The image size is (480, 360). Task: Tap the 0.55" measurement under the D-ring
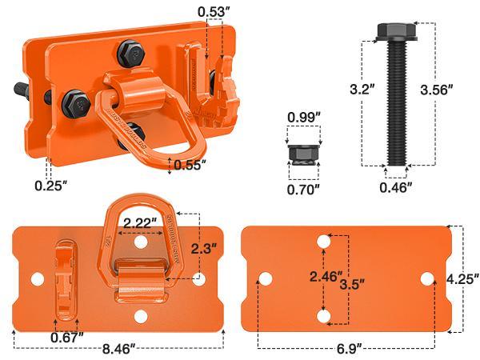tap(189, 166)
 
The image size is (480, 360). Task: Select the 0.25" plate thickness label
tap(50, 186)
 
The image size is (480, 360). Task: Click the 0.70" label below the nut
tap(304, 190)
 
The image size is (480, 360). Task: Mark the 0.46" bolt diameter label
tap(396, 187)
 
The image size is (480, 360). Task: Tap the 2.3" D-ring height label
tap(203, 249)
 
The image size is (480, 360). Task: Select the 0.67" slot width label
tap(66, 337)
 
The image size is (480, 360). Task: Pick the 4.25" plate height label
tap(463, 278)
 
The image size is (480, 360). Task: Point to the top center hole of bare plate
tap(324, 240)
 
